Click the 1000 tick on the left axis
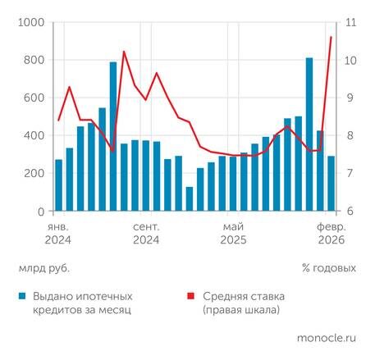pyautogui.click(x=30, y=23)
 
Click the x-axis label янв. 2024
pyautogui.click(x=58, y=233)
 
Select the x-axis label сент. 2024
pyautogui.click(x=145, y=233)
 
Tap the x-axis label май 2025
pyautogui.click(x=233, y=233)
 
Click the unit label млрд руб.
pyautogui.click(x=43, y=267)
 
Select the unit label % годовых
pyautogui.click(x=328, y=267)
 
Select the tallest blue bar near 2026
pyautogui.click(x=309, y=134)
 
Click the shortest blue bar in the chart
pyautogui.click(x=190, y=199)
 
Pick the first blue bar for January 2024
pyautogui.click(x=58, y=185)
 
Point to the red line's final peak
pyautogui.click(x=331, y=37)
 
